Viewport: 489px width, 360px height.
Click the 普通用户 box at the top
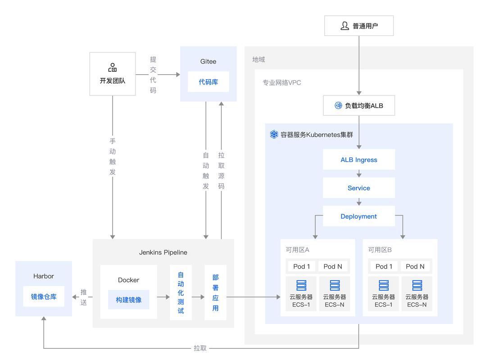tap(359, 26)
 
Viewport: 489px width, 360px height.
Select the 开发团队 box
tap(113, 74)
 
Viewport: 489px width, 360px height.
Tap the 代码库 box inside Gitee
tap(208, 81)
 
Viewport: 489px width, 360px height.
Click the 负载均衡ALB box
tap(359, 106)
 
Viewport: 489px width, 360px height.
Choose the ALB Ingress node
tap(359, 160)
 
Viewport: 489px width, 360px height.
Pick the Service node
tap(359, 188)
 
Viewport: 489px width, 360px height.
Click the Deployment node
tap(359, 216)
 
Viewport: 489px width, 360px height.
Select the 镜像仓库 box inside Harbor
tap(44, 297)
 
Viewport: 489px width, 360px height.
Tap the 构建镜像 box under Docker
tap(129, 300)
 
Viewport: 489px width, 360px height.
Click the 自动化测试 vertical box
tap(181, 292)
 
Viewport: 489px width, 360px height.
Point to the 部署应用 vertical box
tap(215, 292)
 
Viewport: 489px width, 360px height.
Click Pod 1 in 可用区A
tap(302, 266)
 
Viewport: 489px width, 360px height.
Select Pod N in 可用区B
tap(415, 266)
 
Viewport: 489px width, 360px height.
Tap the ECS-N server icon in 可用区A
tap(335, 285)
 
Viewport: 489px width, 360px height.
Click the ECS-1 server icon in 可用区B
tap(384, 285)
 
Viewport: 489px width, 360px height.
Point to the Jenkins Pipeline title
tap(163, 252)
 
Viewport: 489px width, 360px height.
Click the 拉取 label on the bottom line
tap(200, 348)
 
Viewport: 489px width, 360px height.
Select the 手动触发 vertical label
tap(113, 157)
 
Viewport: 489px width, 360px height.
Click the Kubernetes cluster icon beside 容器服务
tap(274, 135)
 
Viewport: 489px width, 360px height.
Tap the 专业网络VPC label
tap(282, 83)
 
